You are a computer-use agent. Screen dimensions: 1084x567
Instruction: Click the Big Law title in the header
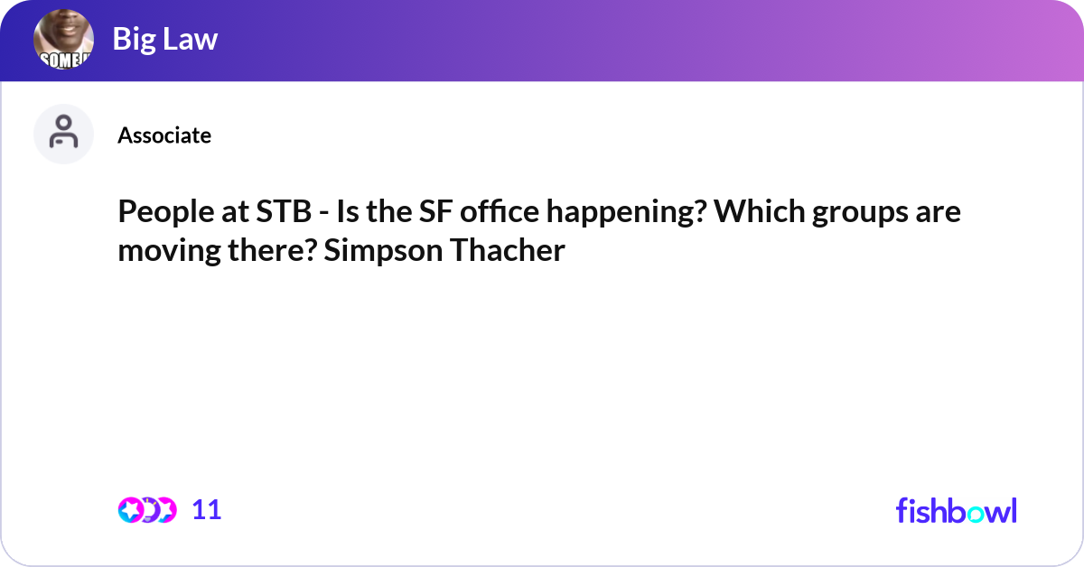(165, 39)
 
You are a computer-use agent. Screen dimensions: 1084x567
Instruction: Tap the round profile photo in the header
(63, 39)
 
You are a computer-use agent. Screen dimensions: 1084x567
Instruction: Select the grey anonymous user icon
(63, 134)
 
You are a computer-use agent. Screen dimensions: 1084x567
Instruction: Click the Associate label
(164, 135)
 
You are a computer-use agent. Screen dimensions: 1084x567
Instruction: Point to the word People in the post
(166, 212)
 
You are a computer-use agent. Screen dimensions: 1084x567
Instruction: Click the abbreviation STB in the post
(284, 211)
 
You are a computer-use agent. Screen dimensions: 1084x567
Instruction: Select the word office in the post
(499, 211)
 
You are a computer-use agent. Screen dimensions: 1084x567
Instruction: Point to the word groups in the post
(860, 213)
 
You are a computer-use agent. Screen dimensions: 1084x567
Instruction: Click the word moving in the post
(170, 251)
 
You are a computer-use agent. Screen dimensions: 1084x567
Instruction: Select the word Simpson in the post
(383, 251)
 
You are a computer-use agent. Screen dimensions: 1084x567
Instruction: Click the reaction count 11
(207, 510)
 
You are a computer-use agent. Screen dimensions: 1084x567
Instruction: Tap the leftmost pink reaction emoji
(130, 510)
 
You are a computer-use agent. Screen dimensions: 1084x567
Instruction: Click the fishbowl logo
(957, 510)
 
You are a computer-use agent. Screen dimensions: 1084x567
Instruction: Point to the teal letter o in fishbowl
(976, 514)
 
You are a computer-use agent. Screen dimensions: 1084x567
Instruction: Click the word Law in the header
(191, 39)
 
